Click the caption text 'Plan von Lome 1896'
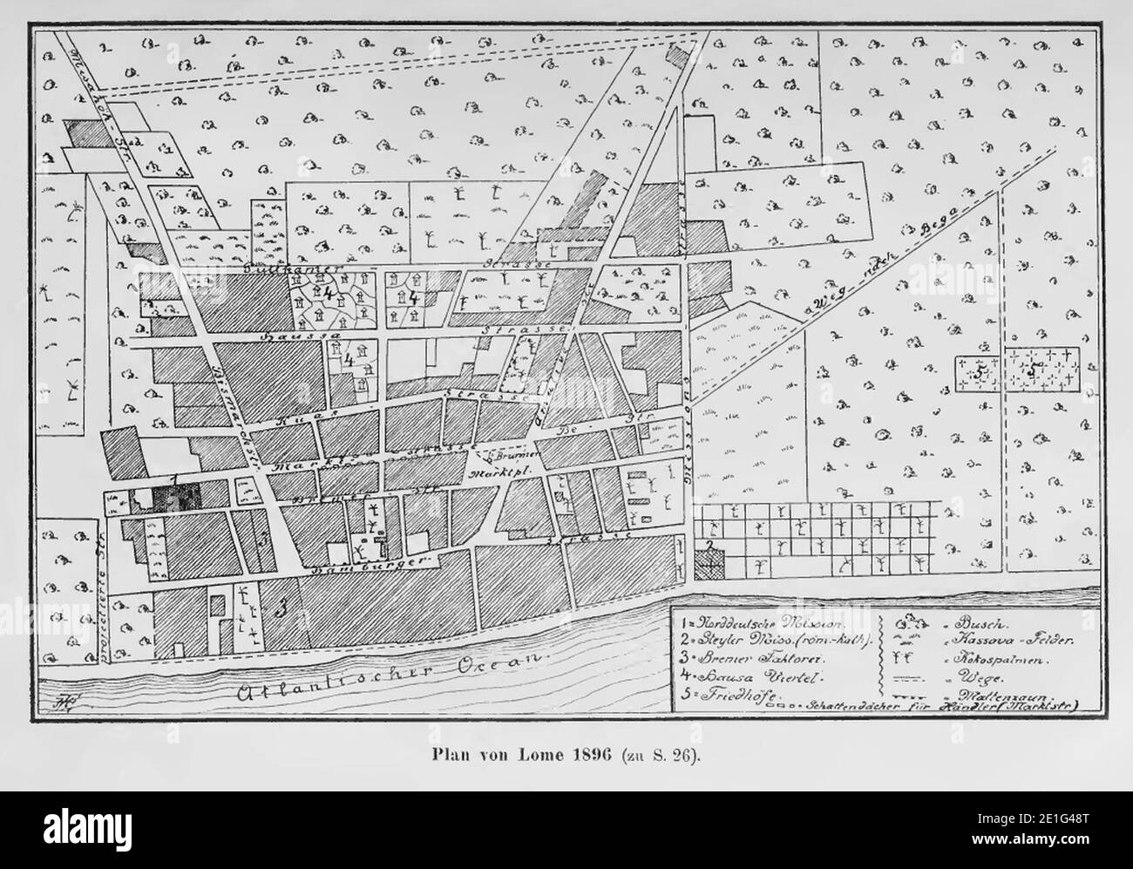pos(529,755)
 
